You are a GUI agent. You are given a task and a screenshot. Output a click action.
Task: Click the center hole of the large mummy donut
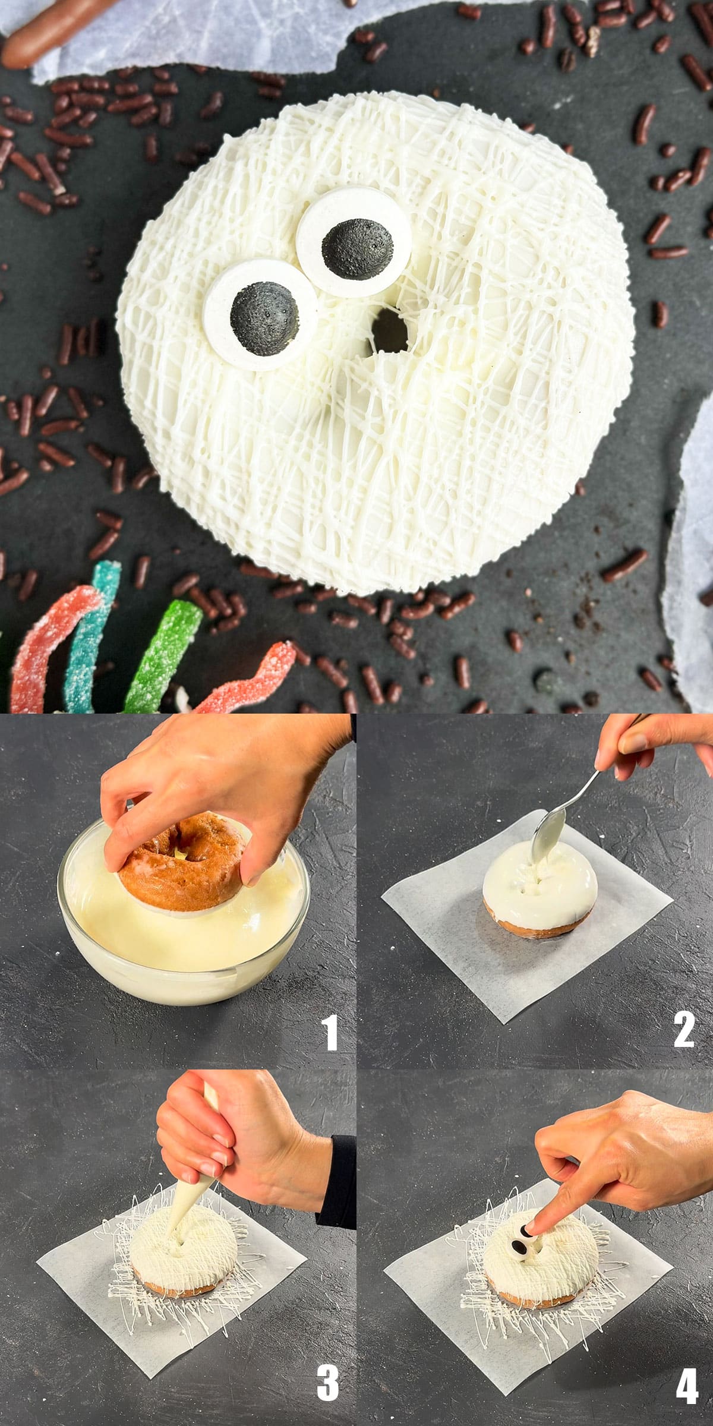(x=386, y=330)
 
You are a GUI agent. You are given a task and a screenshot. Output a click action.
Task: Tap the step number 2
(x=684, y=1029)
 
